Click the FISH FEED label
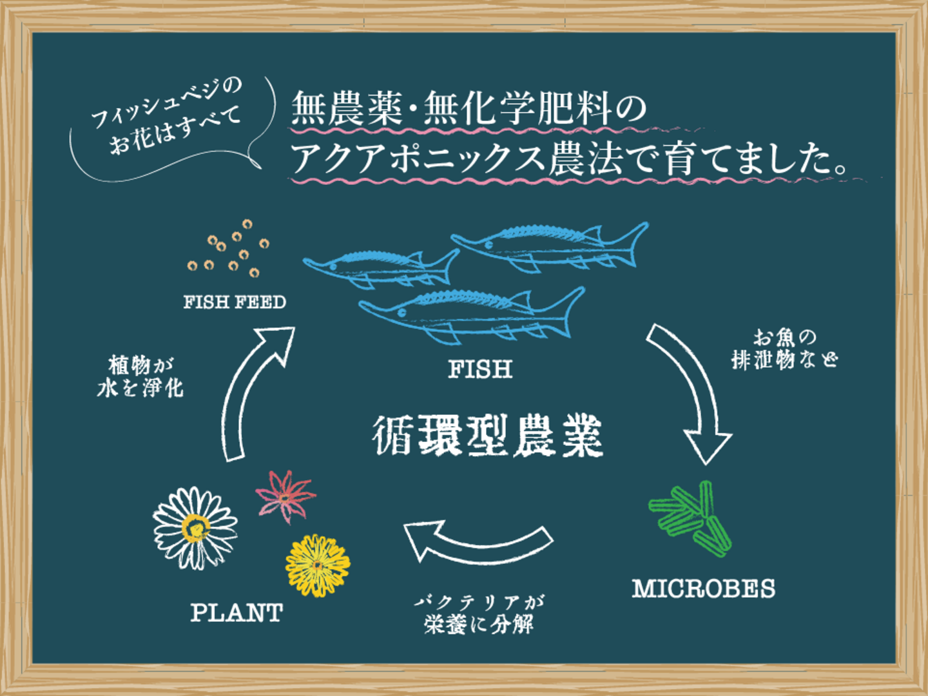pyautogui.click(x=235, y=302)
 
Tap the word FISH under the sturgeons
pyautogui.click(x=480, y=369)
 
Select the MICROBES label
pyautogui.click(x=703, y=588)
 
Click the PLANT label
pyautogui.click(x=237, y=612)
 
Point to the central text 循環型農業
pyautogui.click(x=487, y=436)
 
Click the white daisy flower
pyautogui.click(x=195, y=528)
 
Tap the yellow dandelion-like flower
pyautogui.click(x=317, y=565)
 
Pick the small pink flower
pyautogui.click(x=285, y=495)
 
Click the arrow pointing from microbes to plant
pyautogui.click(x=477, y=543)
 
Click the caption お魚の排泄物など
pyautogui.click(x=784, y=349)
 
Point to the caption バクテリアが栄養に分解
pyautogui.click(x=478, y=614)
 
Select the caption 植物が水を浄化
pyautogui.click(x=140, y=376)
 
